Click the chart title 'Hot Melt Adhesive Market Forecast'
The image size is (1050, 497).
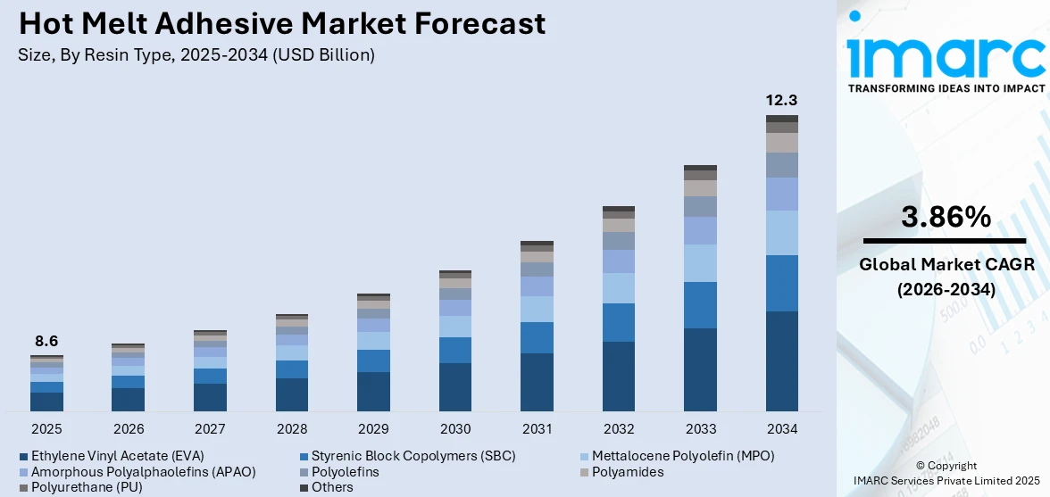point(281,24)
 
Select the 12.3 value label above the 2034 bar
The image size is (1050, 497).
point(781,100)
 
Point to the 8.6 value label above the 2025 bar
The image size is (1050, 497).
point(46,341)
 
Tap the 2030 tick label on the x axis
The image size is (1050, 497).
point(455,428)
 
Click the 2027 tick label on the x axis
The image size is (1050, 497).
point(210,428)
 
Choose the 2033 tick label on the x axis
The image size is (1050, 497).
point(700,428)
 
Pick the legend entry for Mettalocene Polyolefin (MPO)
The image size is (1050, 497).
point(683,455)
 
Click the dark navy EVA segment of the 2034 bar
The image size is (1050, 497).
point(781,361)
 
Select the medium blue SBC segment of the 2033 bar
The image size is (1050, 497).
point(700,305)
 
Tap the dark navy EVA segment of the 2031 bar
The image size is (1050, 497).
point(537,382)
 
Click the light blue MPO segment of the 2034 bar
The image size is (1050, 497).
point(781,233)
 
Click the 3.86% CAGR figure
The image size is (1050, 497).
point(945,217)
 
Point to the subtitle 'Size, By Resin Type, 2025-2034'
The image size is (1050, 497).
point(196,54)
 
